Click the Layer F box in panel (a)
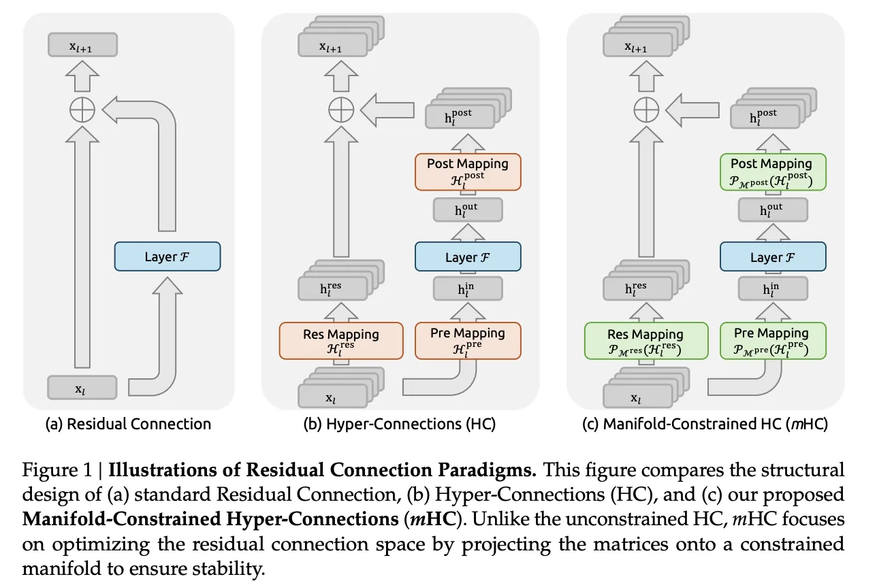tap(168, 256)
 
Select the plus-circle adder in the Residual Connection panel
tap(82, 110)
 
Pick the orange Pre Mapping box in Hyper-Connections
tap(468, 339)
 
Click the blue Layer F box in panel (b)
tap(468, 257)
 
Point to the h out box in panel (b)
tap(468, 210)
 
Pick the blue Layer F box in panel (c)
tap(772, 257)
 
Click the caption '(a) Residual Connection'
tap(128, 424)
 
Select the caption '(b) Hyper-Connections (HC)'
tap(400, 424)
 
